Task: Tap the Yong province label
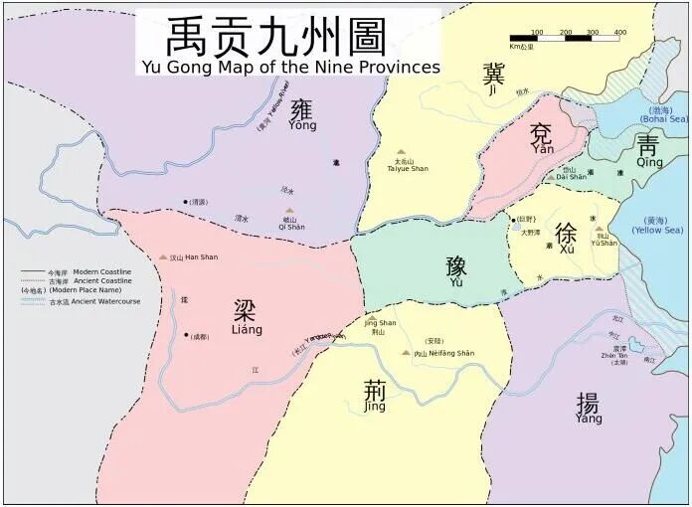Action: pyautogui.click(x=302, y=115)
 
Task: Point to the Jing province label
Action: pyautogui.click(x=374, y=399)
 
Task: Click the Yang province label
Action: pyautogui.click(x=588, y=409)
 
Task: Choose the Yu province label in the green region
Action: pyautogui.click(x=456, y=270)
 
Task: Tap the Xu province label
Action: pyautogui.click(x=565, y=240)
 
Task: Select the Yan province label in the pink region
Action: pyautogui.click(x=543, y=140)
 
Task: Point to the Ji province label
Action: pyautogui.click(x=492, y=79)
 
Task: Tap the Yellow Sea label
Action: pyautogui.click(x=660, y=226)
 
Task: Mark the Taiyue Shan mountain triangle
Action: pyautogui.click(x=402, y=152)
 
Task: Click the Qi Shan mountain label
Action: pyautogui.click(x=289, y=226)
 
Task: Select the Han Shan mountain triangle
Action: pyautogui.click(x=163, y=257)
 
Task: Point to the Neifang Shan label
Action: pyautogui.click(x=445, y=353)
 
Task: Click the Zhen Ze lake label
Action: pyautogui.click(x=620, y=356)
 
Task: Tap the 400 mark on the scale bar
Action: pyautogui.click(x=619, y=33)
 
